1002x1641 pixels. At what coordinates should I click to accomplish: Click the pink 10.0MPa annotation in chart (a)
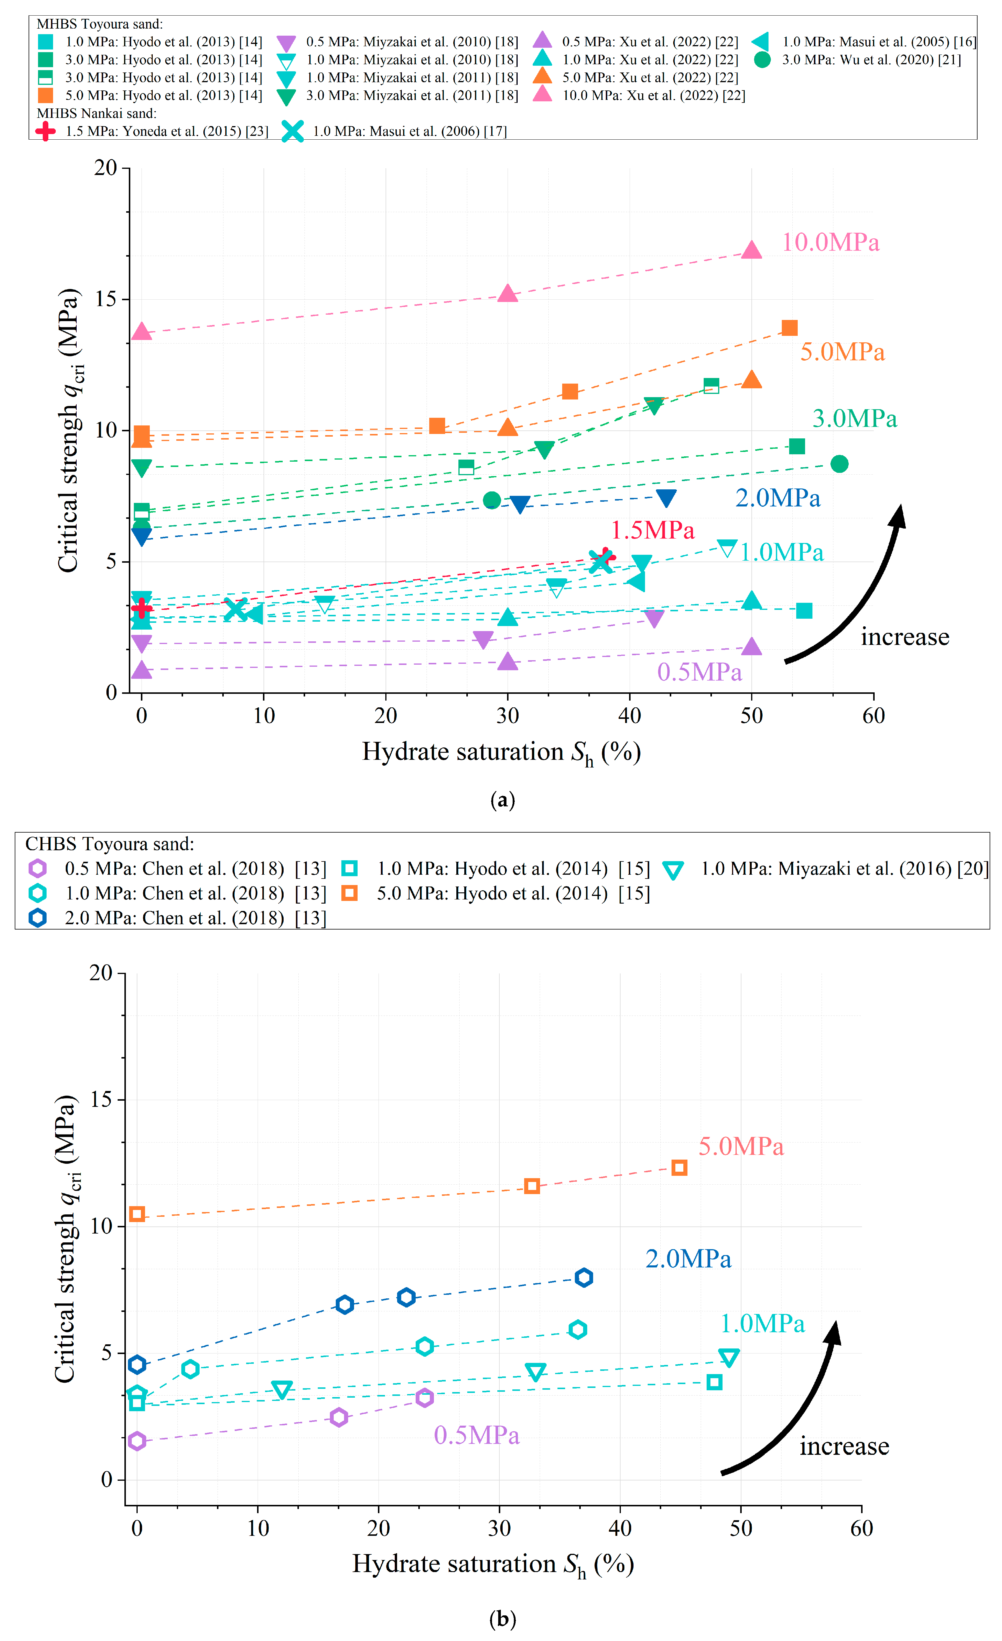830,242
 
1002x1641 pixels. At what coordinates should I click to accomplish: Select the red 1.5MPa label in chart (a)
652,530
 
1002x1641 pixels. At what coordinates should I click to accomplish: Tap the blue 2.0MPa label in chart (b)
688,1259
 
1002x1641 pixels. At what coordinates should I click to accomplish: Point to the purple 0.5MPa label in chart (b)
476,1435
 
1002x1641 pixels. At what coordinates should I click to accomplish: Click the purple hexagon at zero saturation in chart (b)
136,1441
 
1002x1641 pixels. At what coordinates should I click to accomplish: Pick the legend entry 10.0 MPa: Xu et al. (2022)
653,95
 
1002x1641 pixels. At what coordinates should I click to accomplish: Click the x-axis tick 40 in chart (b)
620,1528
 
